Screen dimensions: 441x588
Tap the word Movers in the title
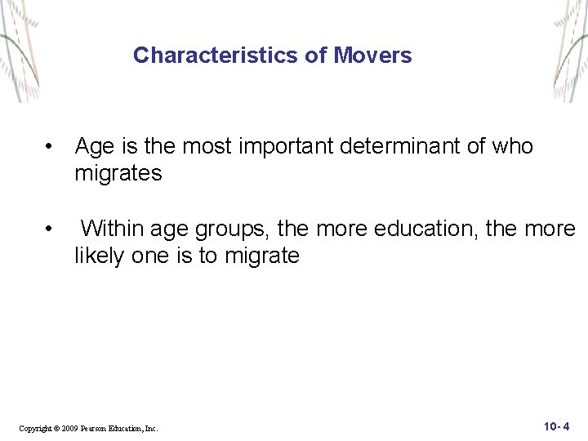(372, 55)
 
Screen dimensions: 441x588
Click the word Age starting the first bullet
(93, 147)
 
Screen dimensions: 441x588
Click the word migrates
(118, 173)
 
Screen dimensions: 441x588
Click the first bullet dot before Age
(51, 148)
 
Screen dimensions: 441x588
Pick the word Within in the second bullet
(114, 229)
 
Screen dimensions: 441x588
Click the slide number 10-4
(557, 425)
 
